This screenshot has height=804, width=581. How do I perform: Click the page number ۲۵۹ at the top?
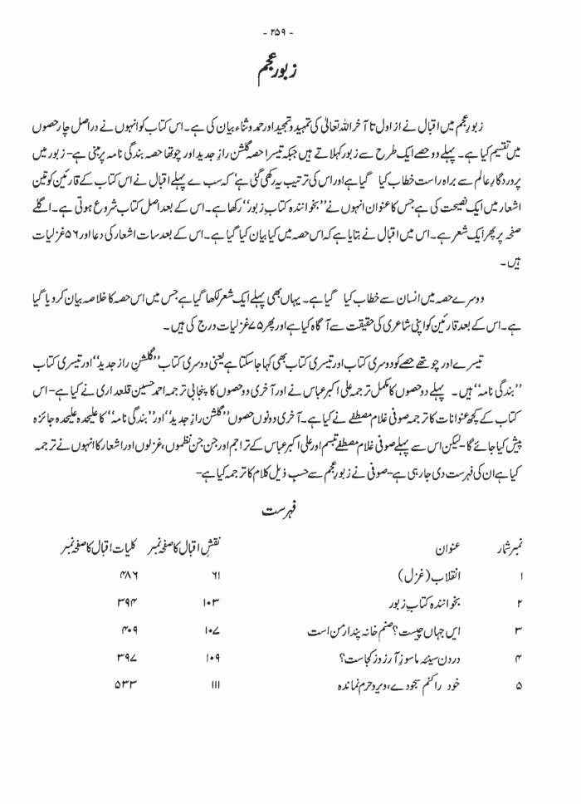click(290, 13)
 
